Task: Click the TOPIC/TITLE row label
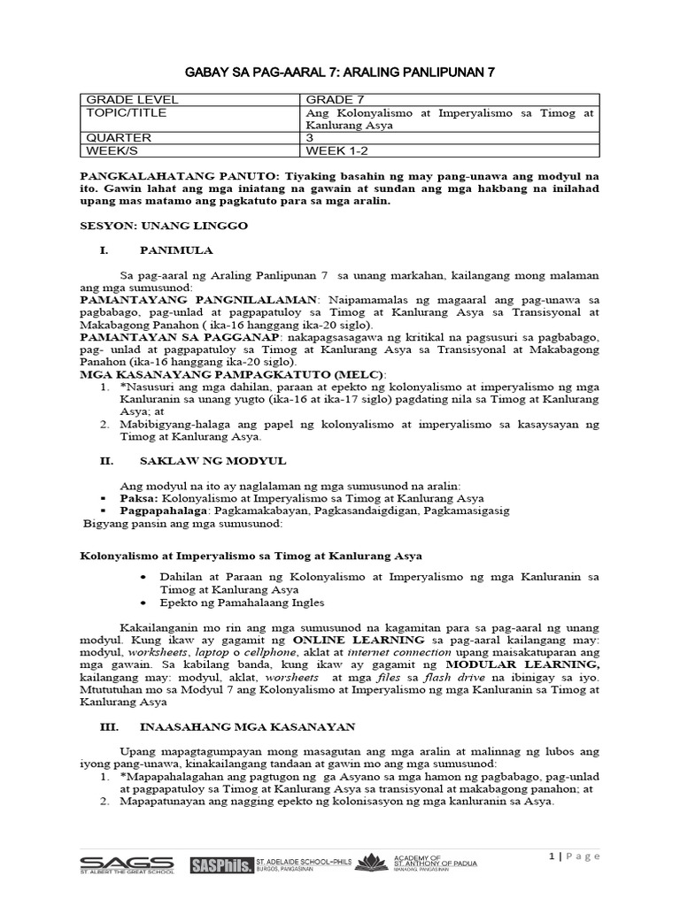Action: pos(123,113)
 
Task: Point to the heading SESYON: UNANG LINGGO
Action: pos(165,226)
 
